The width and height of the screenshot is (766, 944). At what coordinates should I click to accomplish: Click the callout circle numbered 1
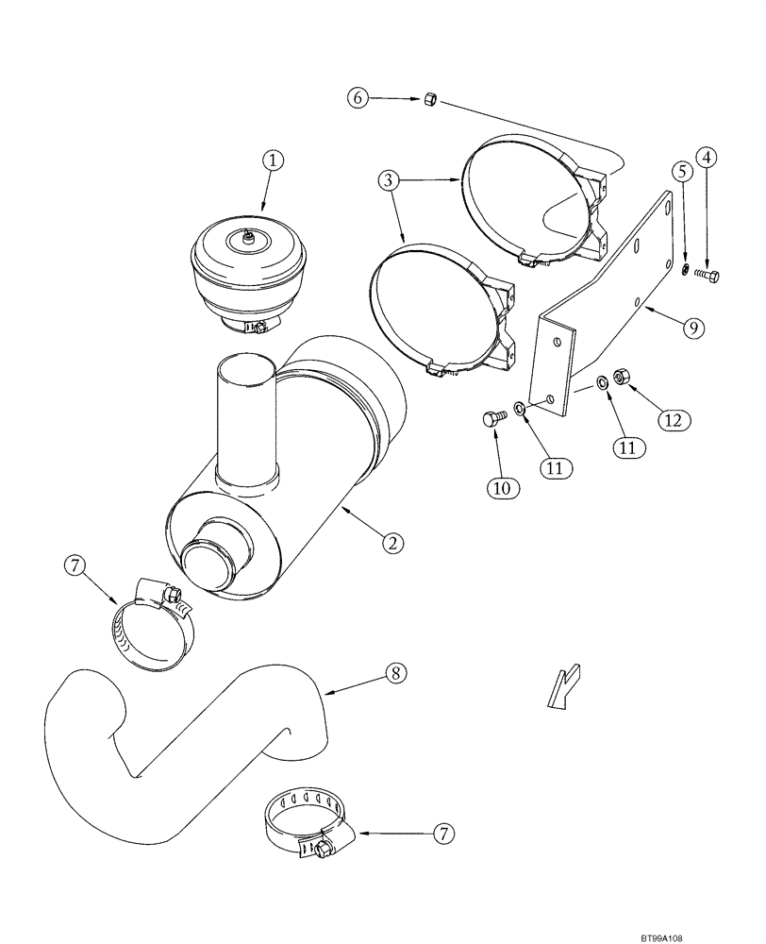click(x=273, y=161)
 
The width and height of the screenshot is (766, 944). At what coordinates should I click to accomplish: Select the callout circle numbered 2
click(x=394, y=543)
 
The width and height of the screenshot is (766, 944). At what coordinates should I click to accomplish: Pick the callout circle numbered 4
click(x=708, y=159)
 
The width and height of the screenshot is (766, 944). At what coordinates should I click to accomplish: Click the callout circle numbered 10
click(x=500, y=487)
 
